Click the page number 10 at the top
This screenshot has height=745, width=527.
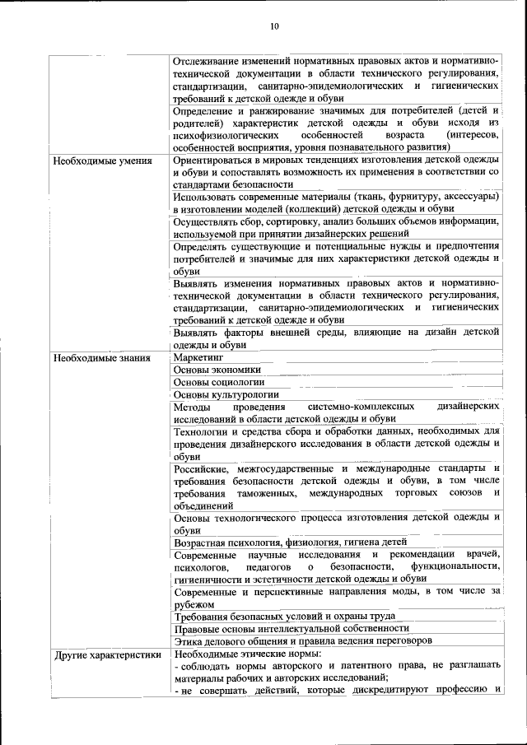coord(275,27)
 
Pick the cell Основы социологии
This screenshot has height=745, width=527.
coord(219,383)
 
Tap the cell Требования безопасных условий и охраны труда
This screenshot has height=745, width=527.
coord(285,616)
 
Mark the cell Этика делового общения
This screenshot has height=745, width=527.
coord(303,640)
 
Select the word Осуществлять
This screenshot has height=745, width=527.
coord(210,221)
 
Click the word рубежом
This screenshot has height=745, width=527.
coord(196,603)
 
